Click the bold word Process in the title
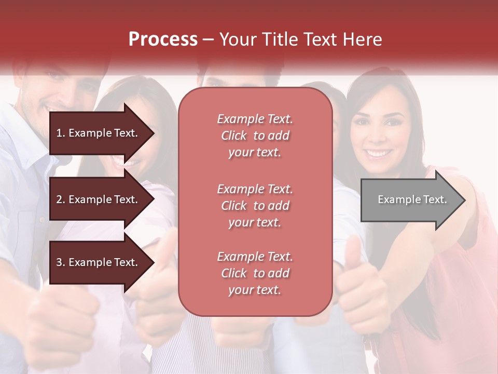tap(163, 39)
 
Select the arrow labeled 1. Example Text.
tap(101, 133)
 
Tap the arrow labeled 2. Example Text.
tap(101, 199)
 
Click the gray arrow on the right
tap(412, 200)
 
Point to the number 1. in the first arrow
tap(61, 133)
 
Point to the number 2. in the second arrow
tap(61, 199)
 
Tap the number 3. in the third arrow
tap(61, 263)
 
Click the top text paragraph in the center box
tap(255, 136)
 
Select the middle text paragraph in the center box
tap(255, 206)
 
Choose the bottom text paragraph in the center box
tap(255, 273)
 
